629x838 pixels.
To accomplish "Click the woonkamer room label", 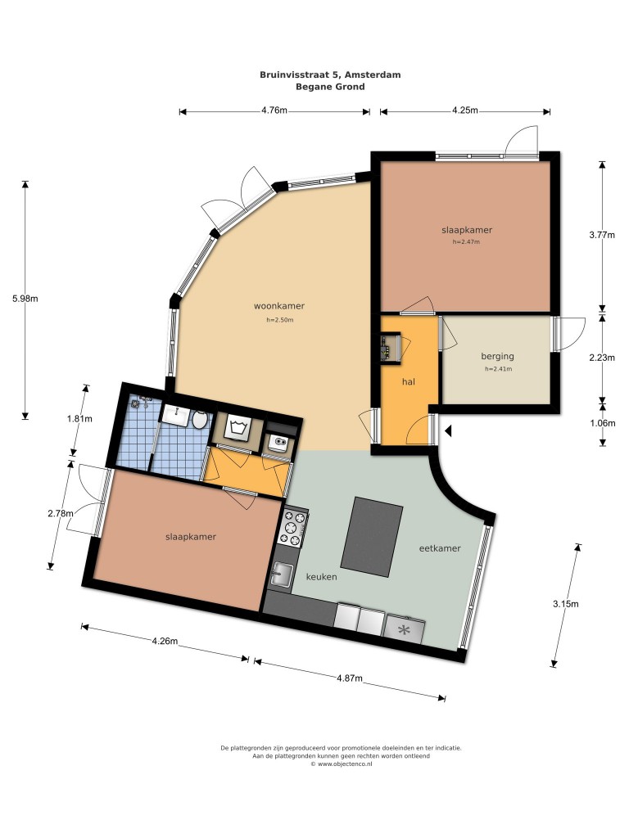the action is click(x=279, y=306).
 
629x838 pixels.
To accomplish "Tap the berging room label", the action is click(x=497, y=356).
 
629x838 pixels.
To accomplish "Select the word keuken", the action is click(x=321, y=577).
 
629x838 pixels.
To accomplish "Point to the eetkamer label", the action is click(x=440, y=547).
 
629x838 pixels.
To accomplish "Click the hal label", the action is click(x=409, y=381).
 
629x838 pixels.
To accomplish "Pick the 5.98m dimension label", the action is click(x=25, y=299).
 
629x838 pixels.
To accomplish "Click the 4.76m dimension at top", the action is click(x=274, y=110).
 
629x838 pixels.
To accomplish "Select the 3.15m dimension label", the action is click(x=566, y=604).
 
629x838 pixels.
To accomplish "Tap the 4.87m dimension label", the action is click(x=350, y=678).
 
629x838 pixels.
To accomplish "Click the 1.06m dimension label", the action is click(x=602, y=423).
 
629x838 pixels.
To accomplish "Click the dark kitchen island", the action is click(x=372, y=537).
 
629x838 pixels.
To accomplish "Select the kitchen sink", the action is click(x=282, y=574).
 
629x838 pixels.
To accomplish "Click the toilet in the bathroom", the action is click(x=200, y=420).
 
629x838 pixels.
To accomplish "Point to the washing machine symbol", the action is click(x=237, y=427).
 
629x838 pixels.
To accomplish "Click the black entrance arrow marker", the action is click(x=448, y=430).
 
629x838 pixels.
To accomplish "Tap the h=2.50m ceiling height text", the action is click(x=280, y=320).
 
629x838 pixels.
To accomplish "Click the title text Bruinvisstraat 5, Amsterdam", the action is click(x=330, y=74).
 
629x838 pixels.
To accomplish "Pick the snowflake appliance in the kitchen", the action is click(x=405, y=630).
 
